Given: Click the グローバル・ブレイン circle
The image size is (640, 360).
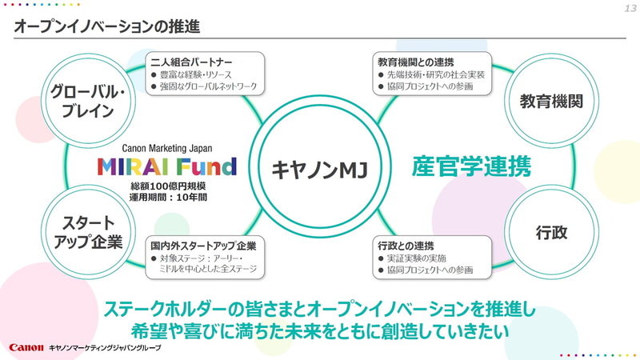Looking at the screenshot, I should coord(82,100).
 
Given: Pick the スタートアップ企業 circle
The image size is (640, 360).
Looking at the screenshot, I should coord(82,231).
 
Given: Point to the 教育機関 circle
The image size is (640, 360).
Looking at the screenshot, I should coord(550,101).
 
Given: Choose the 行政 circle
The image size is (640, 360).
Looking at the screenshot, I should coord(551,232).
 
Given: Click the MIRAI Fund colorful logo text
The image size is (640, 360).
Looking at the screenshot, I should coord(166,167).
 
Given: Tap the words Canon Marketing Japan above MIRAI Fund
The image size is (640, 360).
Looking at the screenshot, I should coord(167,148).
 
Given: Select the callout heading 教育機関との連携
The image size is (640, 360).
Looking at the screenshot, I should coord(412,61).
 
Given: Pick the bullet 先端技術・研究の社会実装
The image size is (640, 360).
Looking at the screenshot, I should coord(432,74).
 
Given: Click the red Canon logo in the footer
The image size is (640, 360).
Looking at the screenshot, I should coord(25,348).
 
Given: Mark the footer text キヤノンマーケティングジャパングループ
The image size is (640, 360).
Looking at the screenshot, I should coord(105,349).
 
